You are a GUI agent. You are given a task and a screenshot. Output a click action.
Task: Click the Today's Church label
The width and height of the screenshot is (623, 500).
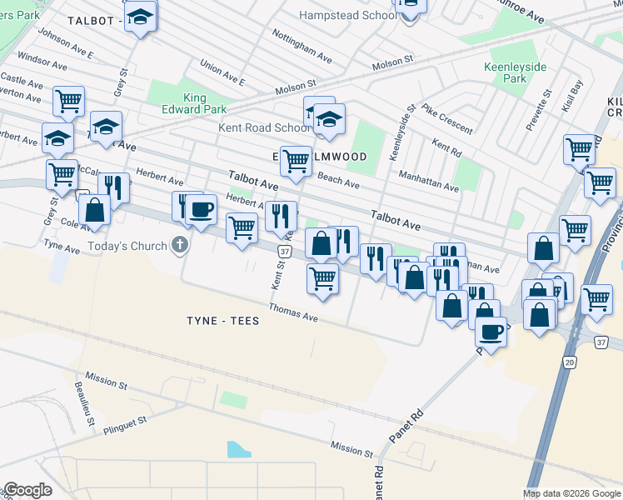(x=128, y=247)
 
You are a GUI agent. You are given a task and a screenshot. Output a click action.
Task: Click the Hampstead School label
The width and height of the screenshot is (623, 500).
(x=347, y=15)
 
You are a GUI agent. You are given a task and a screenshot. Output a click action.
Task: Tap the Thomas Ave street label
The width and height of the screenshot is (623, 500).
(x=293, y=312)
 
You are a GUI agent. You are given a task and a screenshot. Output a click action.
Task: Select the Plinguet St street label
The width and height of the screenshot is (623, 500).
(x=125, y=426)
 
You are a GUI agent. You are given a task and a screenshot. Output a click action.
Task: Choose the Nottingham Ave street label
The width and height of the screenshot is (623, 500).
(x=302, y=44)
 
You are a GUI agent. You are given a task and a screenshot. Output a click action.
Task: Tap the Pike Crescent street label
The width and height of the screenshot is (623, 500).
(x=447, y=119)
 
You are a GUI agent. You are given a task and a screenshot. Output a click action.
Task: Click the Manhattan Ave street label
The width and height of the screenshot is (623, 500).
(x=428, y=182)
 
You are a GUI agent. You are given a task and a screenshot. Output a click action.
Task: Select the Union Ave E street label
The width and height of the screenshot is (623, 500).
(x=222, y=73)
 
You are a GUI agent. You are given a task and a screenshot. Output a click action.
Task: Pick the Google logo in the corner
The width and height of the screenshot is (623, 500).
(x=27, y=490)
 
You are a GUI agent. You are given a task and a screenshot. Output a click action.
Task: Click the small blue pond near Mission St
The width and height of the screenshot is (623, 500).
(x=239, y=450)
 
